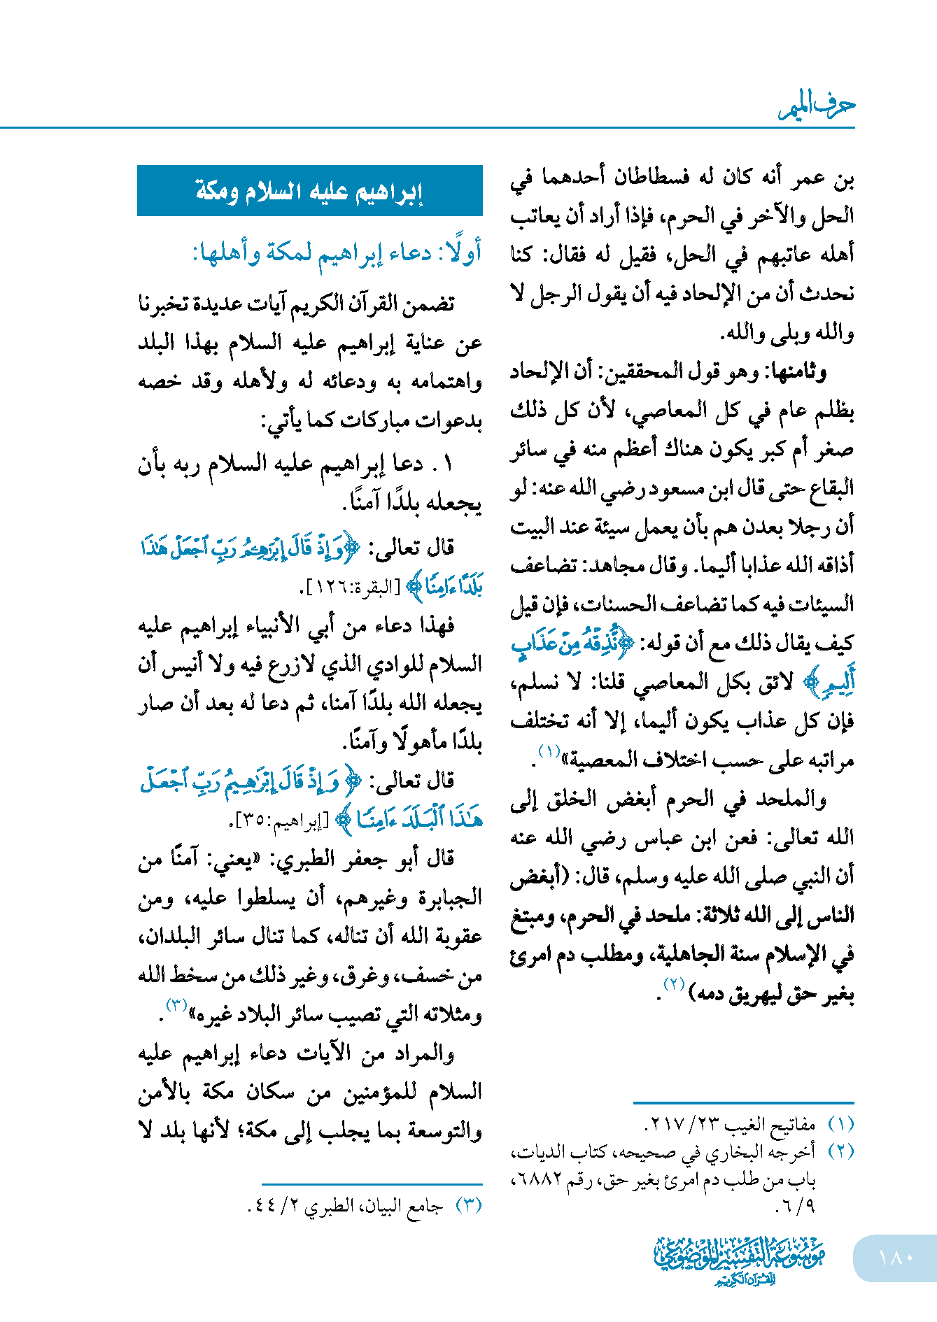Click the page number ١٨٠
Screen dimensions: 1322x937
tap(896, 1258)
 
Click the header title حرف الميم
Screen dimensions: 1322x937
tap(817, 107)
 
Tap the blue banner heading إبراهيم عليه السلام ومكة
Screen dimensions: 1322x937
tap(309, 191)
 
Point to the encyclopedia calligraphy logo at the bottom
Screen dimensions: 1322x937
tap(740, 1260)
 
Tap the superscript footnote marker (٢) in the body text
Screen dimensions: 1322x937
tap(674, 985)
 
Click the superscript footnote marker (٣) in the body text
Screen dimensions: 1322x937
tap(176, 1005)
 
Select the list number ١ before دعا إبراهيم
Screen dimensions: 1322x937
tap(448, 464)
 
